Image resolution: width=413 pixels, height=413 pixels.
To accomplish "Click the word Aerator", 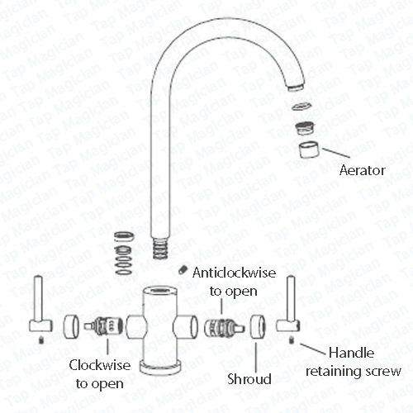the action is point(362,170).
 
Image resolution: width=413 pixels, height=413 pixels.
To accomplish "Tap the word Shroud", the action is point(249,379).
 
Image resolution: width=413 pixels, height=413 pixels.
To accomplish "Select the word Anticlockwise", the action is point(234,273).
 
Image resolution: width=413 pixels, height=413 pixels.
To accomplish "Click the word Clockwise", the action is point(100,365).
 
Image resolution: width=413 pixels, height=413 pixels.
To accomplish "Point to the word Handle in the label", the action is point(352,353).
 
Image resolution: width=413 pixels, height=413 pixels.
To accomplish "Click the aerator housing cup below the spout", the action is point(308,150).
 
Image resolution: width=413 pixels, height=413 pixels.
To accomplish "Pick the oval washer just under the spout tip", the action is point(301,106).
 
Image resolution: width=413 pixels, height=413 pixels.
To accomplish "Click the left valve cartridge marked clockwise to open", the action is point(103,325).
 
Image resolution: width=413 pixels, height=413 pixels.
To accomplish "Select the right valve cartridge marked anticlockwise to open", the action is point(224,327).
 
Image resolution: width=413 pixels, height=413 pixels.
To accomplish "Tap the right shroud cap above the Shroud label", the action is point(258,326).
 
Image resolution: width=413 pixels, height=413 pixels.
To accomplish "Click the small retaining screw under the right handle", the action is point(292,340).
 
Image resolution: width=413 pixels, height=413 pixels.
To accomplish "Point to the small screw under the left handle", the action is point(41,340).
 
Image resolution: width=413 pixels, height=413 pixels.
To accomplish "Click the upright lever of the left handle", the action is point(38,298).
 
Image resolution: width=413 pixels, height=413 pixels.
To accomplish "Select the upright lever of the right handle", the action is point(292,298).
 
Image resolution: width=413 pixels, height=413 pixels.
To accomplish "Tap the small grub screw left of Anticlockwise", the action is point(183,270).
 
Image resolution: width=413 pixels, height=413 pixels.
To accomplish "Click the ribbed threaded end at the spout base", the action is point(160,248).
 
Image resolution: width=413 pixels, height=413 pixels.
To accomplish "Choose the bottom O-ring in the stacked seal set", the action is point(124,272).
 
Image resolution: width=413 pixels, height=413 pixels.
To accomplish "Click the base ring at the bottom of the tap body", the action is point(161,368).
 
